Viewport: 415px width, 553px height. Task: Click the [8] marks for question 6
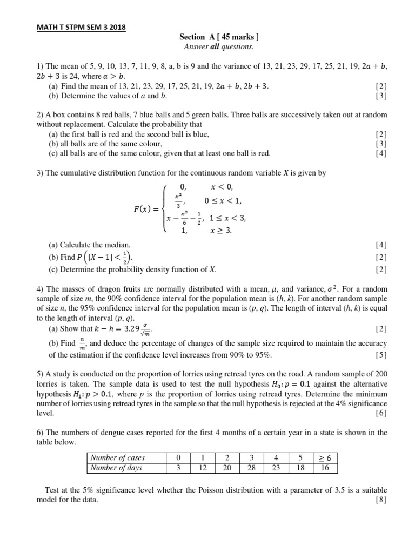point(381,500)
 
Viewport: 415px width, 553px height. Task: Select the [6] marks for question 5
point(381,413)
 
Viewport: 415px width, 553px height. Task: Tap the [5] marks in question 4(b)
point(381,355)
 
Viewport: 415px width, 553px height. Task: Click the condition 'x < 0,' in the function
point(222,186)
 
